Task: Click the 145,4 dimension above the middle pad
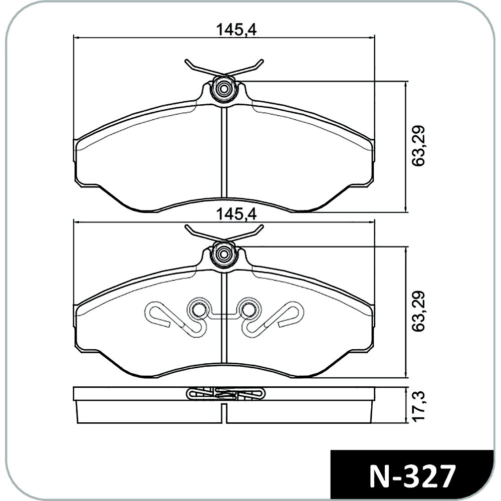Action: pos(236,214)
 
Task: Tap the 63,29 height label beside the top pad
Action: pos(418,146)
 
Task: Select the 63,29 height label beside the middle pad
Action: pos(418,311)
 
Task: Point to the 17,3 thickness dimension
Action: pos(418,405)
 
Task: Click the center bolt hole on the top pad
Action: pos(223,89)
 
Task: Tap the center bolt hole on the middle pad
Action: pos(223,254)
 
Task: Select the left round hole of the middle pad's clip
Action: pos(199,309)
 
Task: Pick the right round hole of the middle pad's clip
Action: pos(248,309)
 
